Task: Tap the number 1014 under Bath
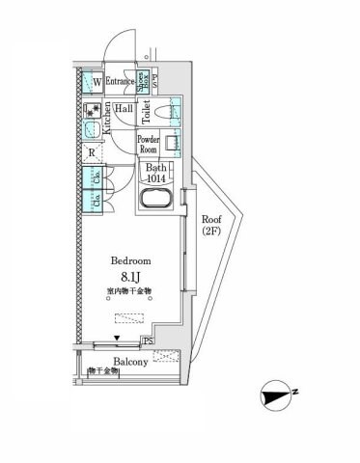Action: coord(155,178)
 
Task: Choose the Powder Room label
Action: coord(148,144)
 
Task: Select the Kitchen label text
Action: coord(109,117)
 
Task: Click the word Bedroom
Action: coord(129,260)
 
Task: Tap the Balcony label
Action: coord(129,363)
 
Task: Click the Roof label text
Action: coord(211,218)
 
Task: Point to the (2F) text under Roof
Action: coord(211,231)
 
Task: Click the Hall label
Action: coord(124,110)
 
